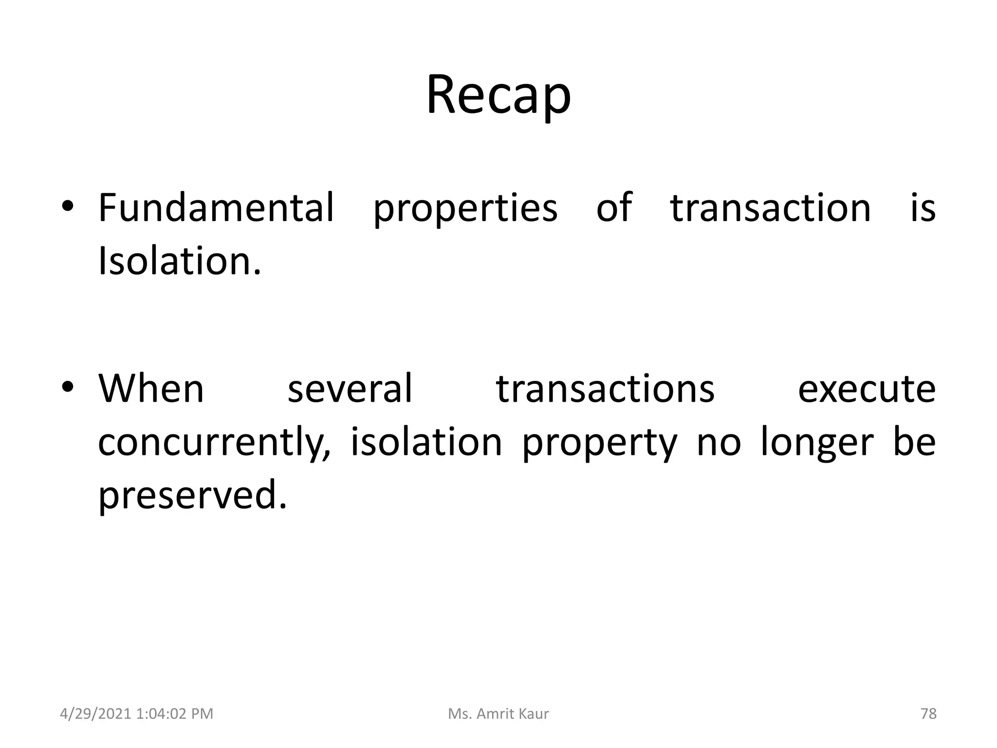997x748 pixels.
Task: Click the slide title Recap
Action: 498,95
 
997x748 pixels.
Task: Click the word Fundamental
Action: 216,208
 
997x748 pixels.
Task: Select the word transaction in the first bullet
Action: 770,208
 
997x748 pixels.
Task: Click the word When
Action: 151,389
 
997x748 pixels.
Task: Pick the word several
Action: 350,389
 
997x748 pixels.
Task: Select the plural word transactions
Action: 605,389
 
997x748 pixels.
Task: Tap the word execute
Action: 866,390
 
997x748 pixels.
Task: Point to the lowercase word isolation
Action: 426,442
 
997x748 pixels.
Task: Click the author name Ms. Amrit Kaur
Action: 498,714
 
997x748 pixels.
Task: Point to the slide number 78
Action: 928,714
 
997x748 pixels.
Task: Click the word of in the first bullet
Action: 614,208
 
